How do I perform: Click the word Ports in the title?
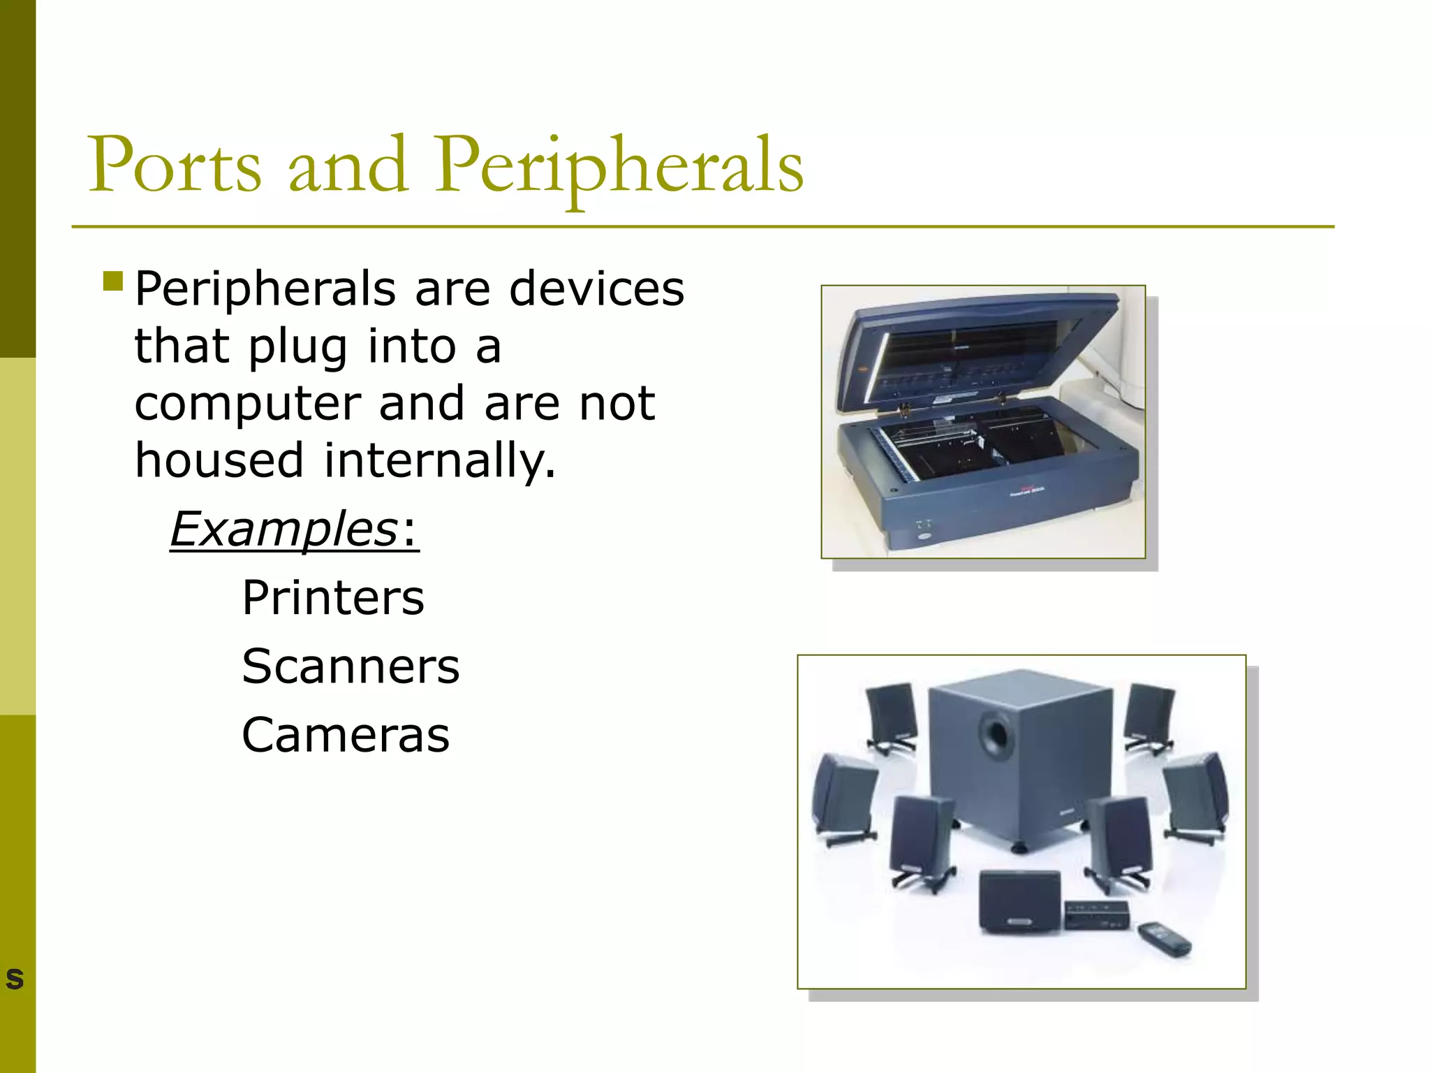[x=175, y=166]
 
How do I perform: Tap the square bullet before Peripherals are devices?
[x=112, y=281]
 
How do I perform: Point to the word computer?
[x=247, y=404]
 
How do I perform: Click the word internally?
[x=439, y=461]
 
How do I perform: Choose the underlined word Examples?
[x=283, y=529]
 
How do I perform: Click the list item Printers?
[x=333, y=598]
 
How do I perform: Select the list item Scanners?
[x=351, y=666]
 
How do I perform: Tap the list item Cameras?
[x=346, y=735]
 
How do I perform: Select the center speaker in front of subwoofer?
[x=1019, y=901]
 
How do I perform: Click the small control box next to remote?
[x=1096, y=914]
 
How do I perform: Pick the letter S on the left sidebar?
[x=15, y=979]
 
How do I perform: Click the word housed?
[x=219, y=461]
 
